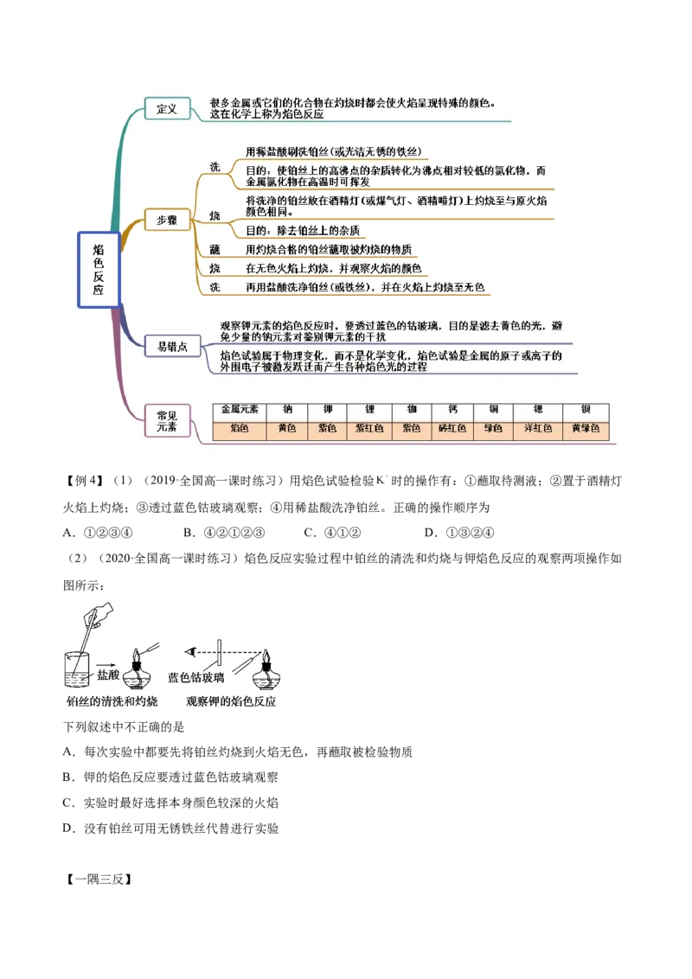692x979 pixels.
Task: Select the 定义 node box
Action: click(x=167, y=109)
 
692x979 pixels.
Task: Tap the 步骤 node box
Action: click(x=166, y=221)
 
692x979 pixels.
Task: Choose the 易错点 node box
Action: click(x=166, y=347)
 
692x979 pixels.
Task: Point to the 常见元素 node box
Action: click(x=166, y=421)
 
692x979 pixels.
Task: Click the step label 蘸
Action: click(x=215, y=249)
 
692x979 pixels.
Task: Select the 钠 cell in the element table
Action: click(x=286, y=411)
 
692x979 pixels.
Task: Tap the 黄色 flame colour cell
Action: click(x=286, y=429)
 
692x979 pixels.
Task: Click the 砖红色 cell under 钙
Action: click(x=452, y=429)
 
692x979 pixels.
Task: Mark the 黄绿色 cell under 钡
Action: click(x=586, y=429)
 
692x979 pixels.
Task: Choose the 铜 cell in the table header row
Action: click(x=493, y=411)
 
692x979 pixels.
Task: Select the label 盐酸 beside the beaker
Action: click(x=109, y=675)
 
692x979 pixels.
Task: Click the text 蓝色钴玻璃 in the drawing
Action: click(x=196, y=678)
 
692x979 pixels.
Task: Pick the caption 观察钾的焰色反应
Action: click(x=231, y=702)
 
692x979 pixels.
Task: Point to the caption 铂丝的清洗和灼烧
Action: click(x=112, y=702)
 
